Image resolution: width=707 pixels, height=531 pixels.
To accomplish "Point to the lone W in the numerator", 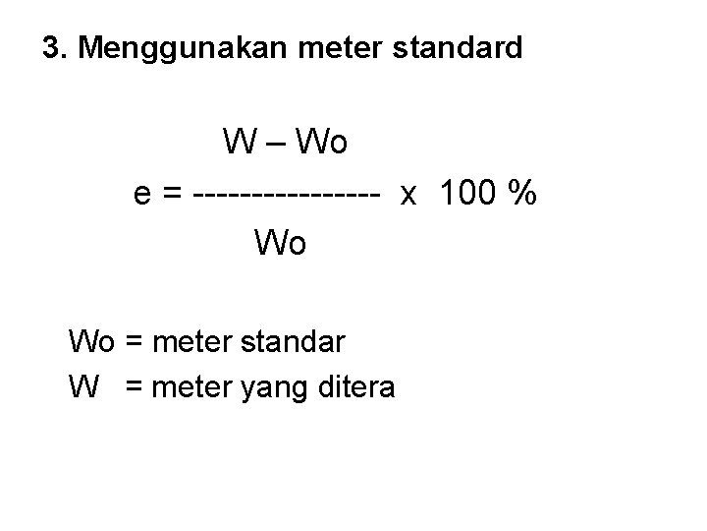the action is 239,144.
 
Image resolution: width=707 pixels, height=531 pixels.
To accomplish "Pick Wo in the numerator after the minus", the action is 319,144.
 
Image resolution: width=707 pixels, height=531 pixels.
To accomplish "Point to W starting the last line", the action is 83,386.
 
